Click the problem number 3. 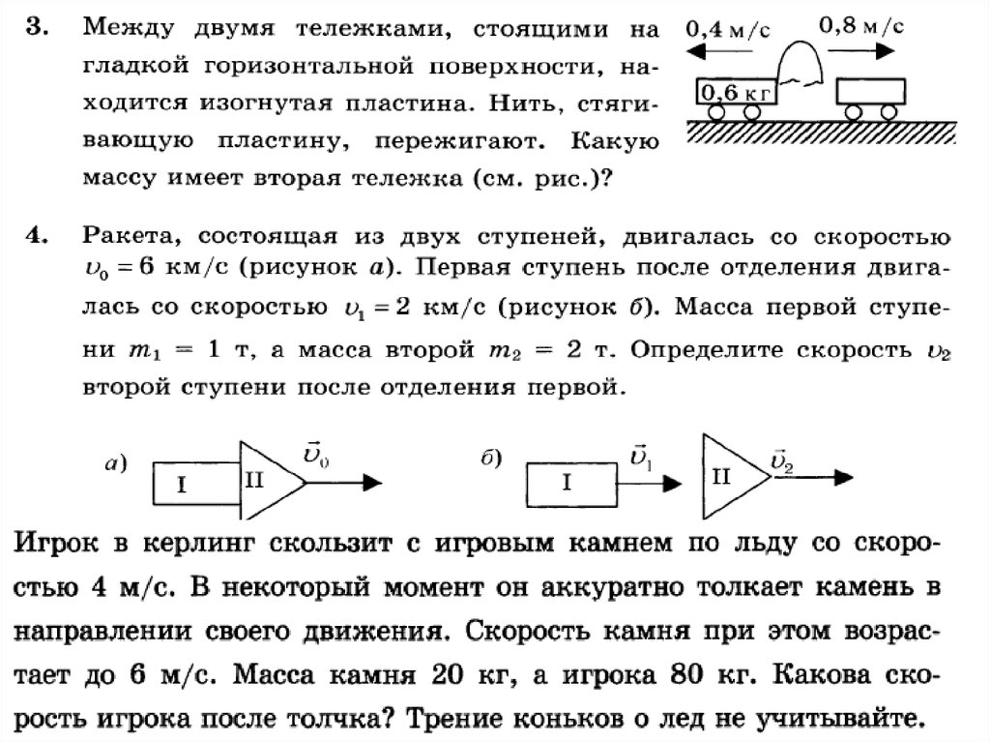(x=35, y=28)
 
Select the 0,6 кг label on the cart (x=732, y=94)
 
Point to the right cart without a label (x=872, y=93)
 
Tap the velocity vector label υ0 (x=315, y=454)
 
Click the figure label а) (x=116, y=464)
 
